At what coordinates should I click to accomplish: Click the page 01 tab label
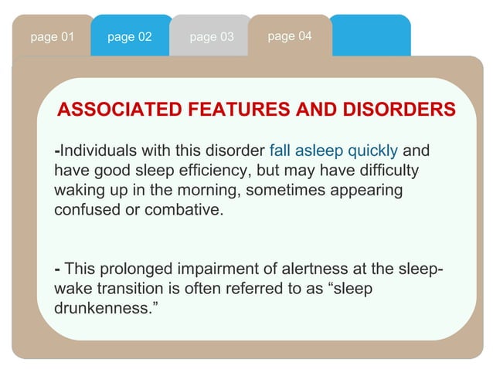pyautogui.click(x=52, y=37)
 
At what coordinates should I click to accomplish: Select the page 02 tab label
pyautogui.click(x=130, y=37)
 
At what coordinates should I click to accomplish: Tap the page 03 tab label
pyautogui.click(x=211, y=37)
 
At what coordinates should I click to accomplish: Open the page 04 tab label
pyautogui.click(x=289, y=36)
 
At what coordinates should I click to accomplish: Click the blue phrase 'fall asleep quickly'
pyautogui.click(x=333, y=150)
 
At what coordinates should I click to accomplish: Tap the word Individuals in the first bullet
pyautogui.click(x=93, y=150)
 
